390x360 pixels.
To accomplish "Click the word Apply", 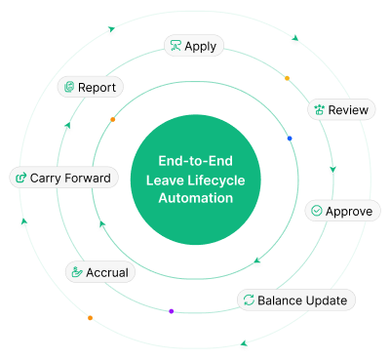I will (201, 46).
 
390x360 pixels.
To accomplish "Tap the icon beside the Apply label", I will (175, 46).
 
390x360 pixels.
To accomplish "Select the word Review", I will (348, 110).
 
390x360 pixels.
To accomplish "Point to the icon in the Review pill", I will (318, 110).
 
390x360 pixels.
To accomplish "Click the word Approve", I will (348, 211).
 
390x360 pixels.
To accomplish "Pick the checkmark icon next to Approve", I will (316, 211).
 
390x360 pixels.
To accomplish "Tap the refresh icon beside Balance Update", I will (249, 300).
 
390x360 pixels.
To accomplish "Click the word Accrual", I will (107, 272).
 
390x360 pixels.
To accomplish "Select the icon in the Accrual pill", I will (77, 272).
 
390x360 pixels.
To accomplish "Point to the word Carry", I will (48, 178).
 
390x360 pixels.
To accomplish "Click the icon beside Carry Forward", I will (20, 178).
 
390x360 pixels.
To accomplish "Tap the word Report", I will (97, 88).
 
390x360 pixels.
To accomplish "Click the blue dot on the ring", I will (290, 139).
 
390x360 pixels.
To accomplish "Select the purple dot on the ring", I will (172, 311).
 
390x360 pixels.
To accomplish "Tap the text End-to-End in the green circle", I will (196, 162).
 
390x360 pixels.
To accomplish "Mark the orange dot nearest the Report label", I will (113, 119).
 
